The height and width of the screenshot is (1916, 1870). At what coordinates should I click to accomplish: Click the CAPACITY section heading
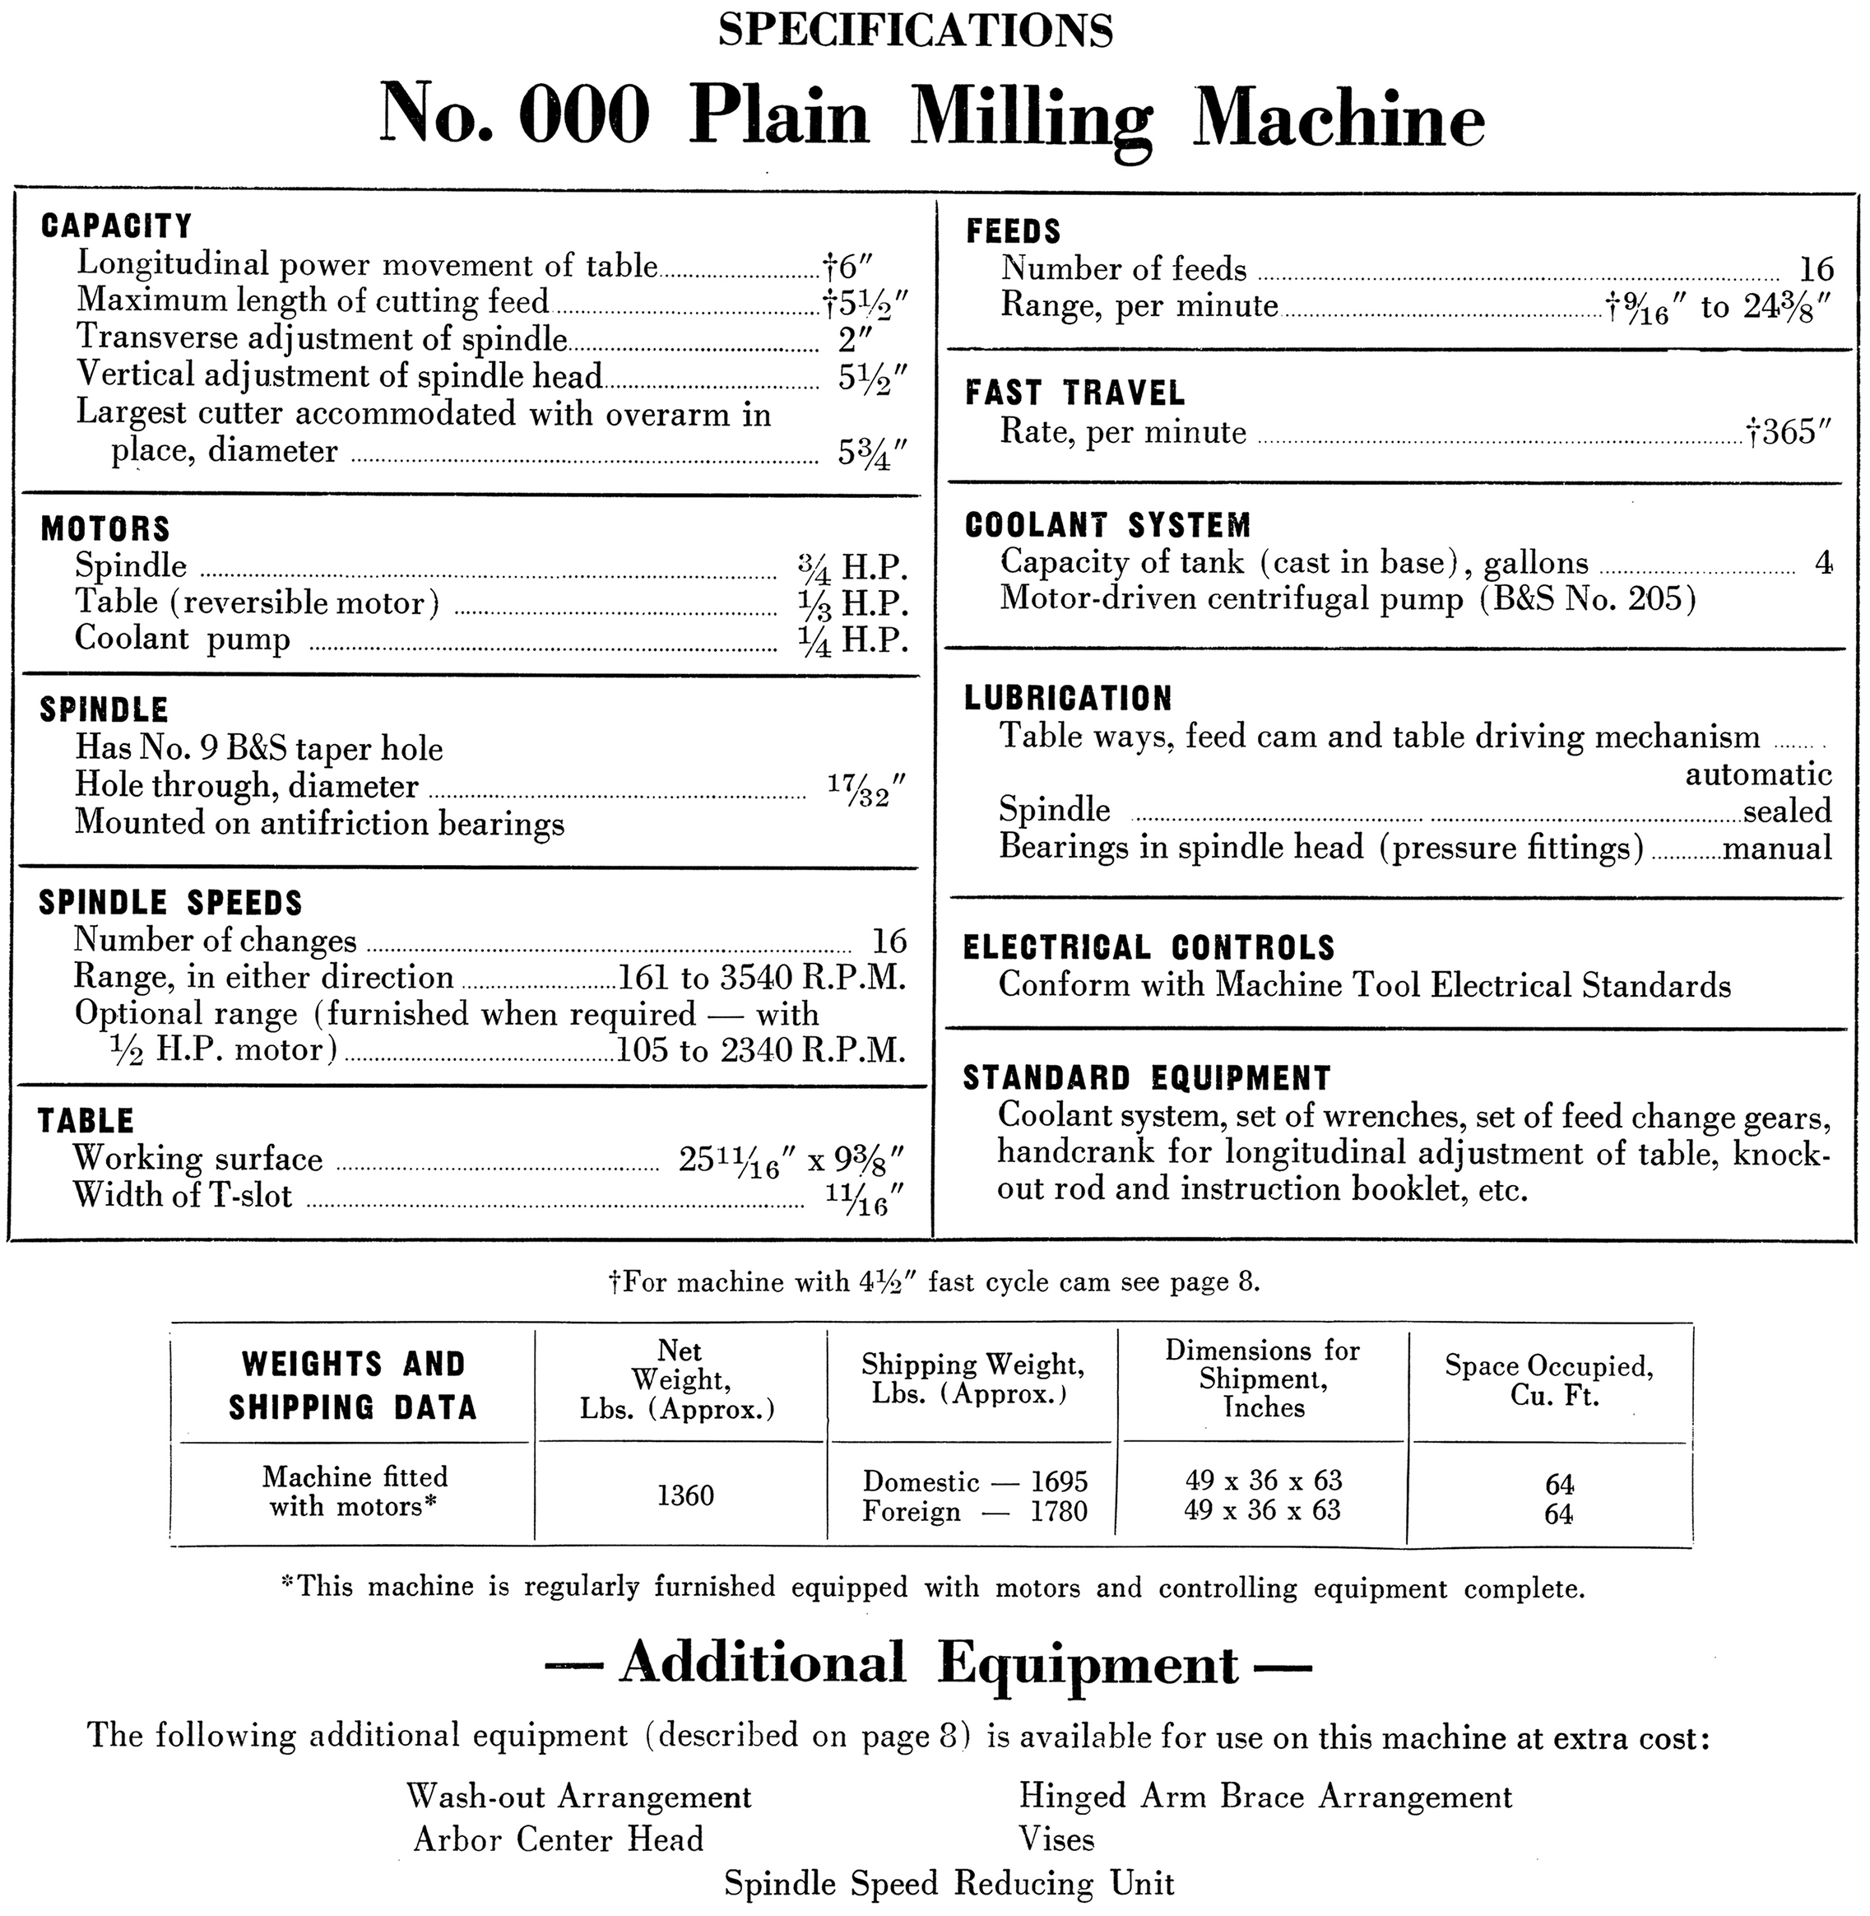pos(116,226)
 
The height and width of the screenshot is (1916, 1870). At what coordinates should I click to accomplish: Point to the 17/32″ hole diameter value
pos(865,788)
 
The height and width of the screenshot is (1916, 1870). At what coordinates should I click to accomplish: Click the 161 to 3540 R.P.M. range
pos(761,978)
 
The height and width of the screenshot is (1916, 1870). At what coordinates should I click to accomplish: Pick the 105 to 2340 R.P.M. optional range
pos(760,1050)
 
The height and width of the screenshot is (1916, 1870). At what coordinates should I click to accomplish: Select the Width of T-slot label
pos(183,1196)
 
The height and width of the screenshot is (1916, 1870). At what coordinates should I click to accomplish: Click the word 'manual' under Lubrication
pos(1778,847)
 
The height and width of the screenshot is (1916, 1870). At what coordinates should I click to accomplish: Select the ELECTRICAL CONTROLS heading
pos(1149,947)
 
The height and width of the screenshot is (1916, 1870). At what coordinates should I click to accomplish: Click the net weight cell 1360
pos(685,1495)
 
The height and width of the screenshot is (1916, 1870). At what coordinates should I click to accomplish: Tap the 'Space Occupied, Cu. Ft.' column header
pos(1549,1380)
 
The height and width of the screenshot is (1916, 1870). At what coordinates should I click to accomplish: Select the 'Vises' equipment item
pos(1057,1839)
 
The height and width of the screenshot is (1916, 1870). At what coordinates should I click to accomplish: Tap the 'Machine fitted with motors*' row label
pos(354,1490)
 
